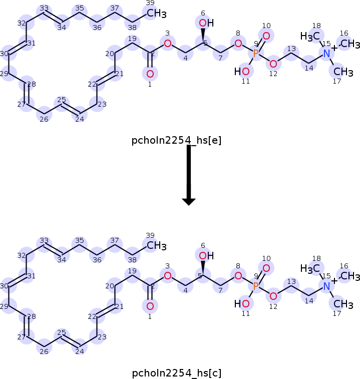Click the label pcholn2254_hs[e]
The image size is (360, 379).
pyautogui.click(x=176, y=140)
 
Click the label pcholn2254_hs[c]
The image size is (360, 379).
pyautogui.click(x=176, y=373)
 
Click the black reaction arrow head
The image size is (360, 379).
pyautogui.click(x=189, y=202)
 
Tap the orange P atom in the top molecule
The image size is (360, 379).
pyautogui.click(x=256, y=54)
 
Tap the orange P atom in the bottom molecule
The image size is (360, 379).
pyautogui.click(x=256, y=286)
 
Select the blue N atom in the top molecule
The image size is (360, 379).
pyautogui.click(x=326, y=54)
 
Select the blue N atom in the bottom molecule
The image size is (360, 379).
pyautogui.click(x=326, y=286)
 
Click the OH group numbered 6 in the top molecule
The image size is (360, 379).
pyautogui.click(x=206, y=23)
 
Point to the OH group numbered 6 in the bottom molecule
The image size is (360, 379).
pyautogui.click(x=206, y=255)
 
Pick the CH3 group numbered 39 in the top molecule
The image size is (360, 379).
pyautogui.click(x=156, y=14)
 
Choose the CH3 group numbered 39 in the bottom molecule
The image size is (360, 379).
pyautogui.click(x=156, y=246)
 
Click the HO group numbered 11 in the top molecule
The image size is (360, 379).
pyautogui.click(x=242, y=71)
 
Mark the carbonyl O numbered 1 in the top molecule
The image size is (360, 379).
pyautogui.click(x=150, y=74)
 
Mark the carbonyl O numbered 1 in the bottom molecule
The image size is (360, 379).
pyautogui.click(x=150, y=306)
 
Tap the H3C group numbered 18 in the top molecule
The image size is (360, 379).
pyautogui.click(x=310, y=37)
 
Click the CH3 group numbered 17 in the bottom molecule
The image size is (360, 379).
pyautogui.click(x=343, y=304)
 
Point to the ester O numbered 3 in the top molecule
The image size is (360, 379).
pyautogui.click(x=168, y=44)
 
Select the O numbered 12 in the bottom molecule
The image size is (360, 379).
pyautogui.click(x=273, y=296)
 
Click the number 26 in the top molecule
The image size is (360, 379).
pyautogui.click(x=44, y=119)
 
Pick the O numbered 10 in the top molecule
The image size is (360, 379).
pyautogui.click(x=266, y=36)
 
